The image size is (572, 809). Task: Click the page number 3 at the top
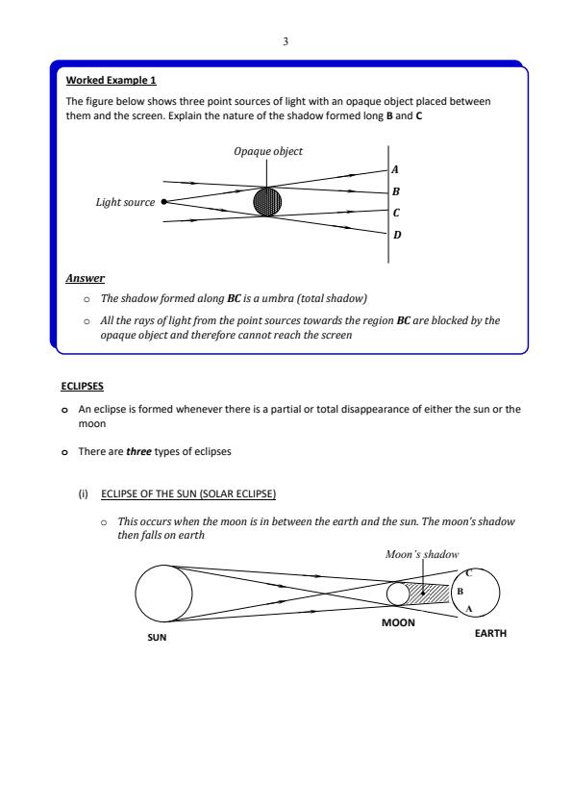pos(286,41)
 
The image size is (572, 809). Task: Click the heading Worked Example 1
pos(111,80)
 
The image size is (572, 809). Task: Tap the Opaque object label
pos(267,151)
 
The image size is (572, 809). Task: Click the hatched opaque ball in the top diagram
pos(267,201)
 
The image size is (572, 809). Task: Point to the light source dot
pos(164,202)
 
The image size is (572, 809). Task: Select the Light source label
pos(125,202)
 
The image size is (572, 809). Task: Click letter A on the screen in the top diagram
pos(395,169)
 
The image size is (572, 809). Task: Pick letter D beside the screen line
pos(397,235)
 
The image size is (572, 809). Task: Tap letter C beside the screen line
pos(396,213)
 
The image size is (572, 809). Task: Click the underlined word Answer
pos(86,278)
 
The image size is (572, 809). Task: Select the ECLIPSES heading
pos(82,387)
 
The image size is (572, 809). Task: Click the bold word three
pos(138,451)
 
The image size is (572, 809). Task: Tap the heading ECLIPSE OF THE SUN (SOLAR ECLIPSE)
pos(188,493)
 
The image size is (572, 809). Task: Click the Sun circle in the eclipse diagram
pos(136,594)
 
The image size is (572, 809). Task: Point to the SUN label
pos(157,638)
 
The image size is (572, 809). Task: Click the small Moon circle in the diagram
pos(386,594)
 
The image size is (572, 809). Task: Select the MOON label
pos(398,622)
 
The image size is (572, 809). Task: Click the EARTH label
pos(490,633)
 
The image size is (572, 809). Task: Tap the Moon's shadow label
pos(422,555)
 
